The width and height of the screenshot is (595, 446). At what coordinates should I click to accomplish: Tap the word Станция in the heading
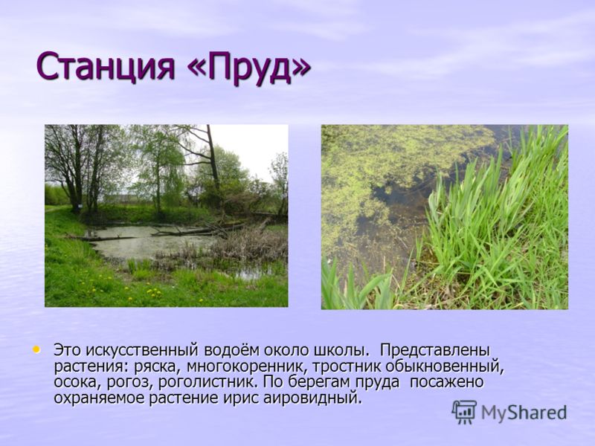(106, 68)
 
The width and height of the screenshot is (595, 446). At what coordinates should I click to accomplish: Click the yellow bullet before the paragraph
(36, 349)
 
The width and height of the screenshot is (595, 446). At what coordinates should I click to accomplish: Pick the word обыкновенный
(445, 366)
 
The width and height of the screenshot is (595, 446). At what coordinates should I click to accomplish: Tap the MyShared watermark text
(524, 413)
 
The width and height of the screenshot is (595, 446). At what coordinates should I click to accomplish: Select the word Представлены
(435, 350)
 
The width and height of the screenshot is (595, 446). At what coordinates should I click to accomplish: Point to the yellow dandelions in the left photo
(154, 292)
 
